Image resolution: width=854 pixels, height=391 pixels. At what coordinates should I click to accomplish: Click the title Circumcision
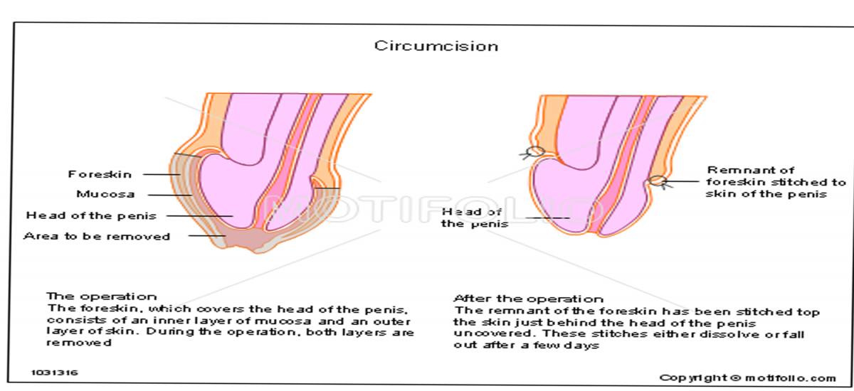tap(436, 46)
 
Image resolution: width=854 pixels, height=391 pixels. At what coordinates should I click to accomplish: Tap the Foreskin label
tap(100, 174)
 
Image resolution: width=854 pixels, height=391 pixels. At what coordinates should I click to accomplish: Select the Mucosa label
tap(105, 194)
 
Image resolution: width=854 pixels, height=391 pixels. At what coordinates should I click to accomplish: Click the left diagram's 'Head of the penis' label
tap(91, 215)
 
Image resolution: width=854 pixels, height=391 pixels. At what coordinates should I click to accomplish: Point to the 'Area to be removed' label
tap(97, 236)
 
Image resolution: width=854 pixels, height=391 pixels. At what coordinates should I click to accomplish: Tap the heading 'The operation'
tap(101, 296)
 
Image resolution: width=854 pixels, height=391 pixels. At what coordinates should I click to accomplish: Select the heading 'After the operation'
tap(528, 299)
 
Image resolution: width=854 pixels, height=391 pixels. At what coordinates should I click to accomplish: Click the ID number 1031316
tap(54, 372)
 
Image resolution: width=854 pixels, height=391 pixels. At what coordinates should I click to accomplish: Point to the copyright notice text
tap(747, 377)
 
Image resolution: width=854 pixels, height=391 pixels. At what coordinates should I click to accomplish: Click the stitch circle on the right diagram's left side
tap(536, 151)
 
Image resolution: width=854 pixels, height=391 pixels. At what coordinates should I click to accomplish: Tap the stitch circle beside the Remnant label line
tap(657, 181)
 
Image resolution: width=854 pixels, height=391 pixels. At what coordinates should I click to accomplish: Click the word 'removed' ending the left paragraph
tap(79, 343)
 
